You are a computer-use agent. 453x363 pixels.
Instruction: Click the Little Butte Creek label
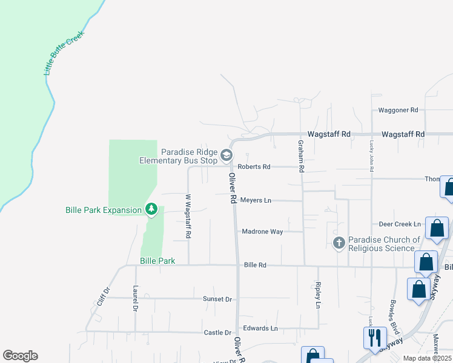63,53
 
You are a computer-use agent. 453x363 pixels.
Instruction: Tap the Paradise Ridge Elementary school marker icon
226,155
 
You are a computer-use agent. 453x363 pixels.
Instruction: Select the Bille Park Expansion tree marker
151,210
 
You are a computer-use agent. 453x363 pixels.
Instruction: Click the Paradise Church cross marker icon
339,243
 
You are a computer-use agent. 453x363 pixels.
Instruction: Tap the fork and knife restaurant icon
374,336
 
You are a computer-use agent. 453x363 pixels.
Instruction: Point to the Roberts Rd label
254,166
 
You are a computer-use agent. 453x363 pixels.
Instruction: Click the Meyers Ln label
256,200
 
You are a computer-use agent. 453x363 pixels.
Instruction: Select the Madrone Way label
262,231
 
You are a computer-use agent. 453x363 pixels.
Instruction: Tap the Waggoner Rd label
398,110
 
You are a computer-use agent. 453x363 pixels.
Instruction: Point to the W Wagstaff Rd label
188,216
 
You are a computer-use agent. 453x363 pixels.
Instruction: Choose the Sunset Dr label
217,299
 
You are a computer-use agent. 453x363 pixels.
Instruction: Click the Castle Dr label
217,333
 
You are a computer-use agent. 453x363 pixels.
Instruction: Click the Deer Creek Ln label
399,224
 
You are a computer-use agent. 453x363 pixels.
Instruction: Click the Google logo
20,356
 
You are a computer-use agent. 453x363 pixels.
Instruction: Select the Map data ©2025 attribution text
426,358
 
